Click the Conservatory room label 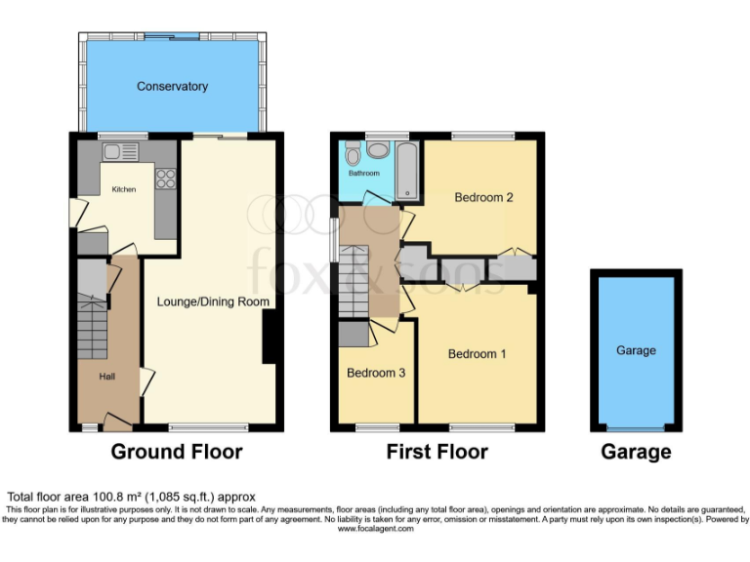coord(172,87)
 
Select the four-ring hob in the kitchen coord(165,179)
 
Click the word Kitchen coord(124,189)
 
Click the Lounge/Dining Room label coord(213,302)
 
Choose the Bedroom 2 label coord(484,197)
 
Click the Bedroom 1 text coord(477,354)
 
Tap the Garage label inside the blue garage coord(636,350)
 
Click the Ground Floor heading coord(176,452)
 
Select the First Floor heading coord(437,452)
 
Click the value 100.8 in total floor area coord(102,497)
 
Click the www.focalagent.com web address coord(375,528)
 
